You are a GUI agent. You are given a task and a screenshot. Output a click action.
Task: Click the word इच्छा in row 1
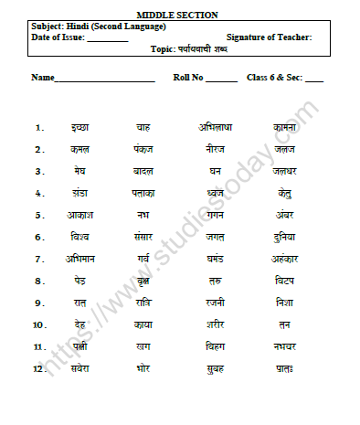coord(80,127)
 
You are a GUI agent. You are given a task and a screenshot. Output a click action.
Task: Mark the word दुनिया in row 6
coord(284,237)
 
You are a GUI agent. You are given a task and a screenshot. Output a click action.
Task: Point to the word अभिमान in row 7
coord(80,259)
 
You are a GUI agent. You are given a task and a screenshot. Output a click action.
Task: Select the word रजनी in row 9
coord(215,303)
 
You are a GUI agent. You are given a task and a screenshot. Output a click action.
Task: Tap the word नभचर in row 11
coord(284,346)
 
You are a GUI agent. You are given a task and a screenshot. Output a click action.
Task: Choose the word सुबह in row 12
coord(215,368)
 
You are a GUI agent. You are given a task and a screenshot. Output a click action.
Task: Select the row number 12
coord(38,368)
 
